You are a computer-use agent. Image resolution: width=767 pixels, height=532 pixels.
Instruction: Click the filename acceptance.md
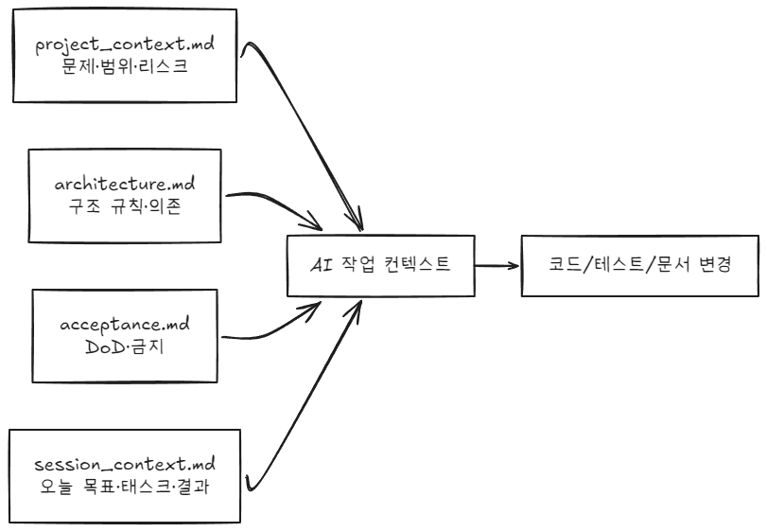pos(126,325)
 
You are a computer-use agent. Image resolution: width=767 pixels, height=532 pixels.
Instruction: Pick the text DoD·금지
pos(126,347)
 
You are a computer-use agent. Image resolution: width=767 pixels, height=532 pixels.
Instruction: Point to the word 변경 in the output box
pos(710,266)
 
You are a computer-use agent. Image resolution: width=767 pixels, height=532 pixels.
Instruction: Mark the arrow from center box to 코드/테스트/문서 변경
pos(497,266)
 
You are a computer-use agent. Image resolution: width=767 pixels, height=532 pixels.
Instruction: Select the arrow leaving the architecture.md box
pos(274,204)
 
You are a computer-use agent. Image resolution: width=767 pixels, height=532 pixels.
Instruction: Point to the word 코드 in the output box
pos(566,266)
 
